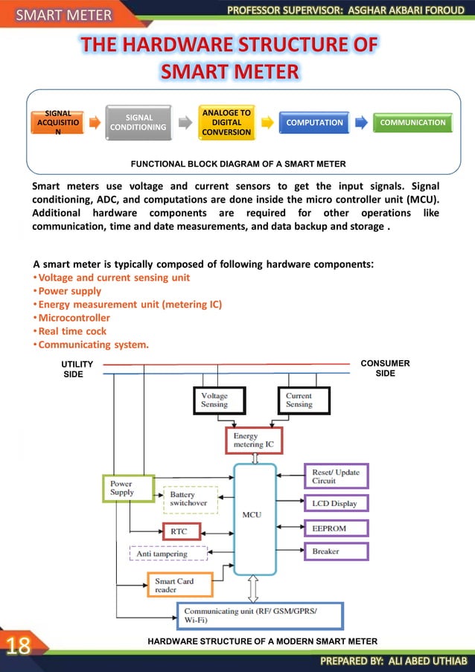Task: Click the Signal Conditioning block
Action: pyautogui.click(x=139, y=122)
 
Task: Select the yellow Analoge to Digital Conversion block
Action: pyautogui.click(x=226, y=122)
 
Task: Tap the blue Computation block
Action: pyautogui.click(x=314, y=123)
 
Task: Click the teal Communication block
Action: pyautogui.click(x=413, y=123)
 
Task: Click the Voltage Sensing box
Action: pyautogui.click(x=217, y=400)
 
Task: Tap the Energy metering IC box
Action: pyautogui.click(x=254, y=441)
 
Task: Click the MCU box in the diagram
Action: pyautogui.click(x=254, y=513)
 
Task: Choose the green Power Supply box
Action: pyautogui.click(x=127, y=488)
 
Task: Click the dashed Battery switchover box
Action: pyautogui.click(x=191, y=499)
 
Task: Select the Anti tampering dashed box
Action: pyautogui.click(x=168, y=553)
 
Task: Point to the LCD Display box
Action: pyautogui.click(x=336, y=503)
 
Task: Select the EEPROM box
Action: pyautogui.click(x=336, y=528)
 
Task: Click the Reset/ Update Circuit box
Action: pyautogui.click(x=336, y=476)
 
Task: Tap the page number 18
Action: pyautogui.click(x=19, y=644)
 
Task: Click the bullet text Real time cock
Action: pyautogui.click(x=72, y=331)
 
